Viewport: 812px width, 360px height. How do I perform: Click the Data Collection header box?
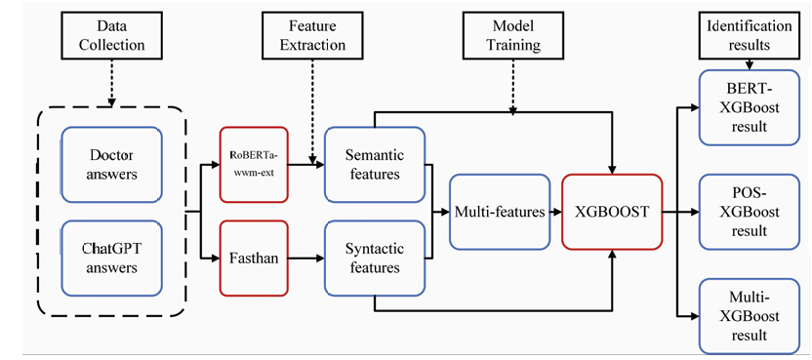[x=111, y=35]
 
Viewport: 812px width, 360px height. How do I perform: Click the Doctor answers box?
[x=112, y=165]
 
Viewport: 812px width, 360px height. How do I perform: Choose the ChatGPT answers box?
[x=112, y=259]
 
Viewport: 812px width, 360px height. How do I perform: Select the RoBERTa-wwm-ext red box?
[x=254, y=164]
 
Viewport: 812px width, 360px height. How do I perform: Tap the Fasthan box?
[x=254, y=258]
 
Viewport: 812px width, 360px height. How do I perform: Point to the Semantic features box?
[x=375, y=164]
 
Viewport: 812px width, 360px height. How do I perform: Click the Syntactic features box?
[x=375, y=258]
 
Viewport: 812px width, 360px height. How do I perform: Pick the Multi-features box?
[x=500, y=212]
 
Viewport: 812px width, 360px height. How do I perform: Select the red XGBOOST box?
[x=612, y=212]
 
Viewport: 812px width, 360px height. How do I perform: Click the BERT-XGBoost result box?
[x=749, y=107]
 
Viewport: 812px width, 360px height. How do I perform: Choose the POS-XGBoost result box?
[x=749, y=212]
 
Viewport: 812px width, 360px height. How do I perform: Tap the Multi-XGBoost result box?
[x=749, y=316]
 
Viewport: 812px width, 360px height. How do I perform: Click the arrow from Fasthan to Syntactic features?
[x=306, y=258]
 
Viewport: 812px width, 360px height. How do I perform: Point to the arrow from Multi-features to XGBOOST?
[x=556, y=212]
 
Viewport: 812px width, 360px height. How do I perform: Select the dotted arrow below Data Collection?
[x=111, y=80]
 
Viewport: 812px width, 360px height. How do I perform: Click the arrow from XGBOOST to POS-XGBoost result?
[x=681, y=212]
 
